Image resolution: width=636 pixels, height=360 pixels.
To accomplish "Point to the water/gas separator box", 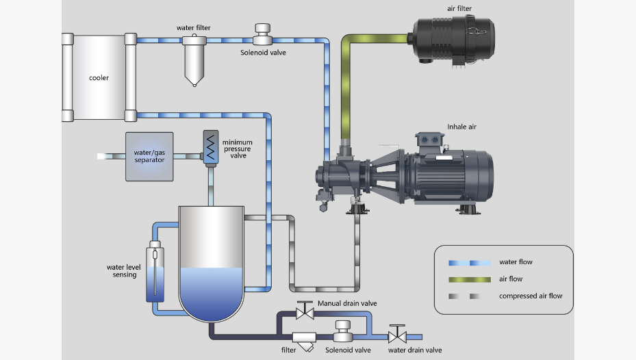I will point(149,157).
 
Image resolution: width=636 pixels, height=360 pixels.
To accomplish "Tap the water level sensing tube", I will point(155,272).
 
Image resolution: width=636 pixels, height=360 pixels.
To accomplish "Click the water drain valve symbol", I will point(396,337).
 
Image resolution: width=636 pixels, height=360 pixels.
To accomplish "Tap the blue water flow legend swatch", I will point(469,263).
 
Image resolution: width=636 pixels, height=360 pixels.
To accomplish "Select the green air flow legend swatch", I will point(469,279).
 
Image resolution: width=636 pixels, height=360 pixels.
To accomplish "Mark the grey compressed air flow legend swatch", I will point(469,296).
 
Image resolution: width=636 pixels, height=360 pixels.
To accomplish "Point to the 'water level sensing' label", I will point(122,271).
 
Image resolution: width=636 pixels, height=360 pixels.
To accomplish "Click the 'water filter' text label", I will point(193,27).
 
